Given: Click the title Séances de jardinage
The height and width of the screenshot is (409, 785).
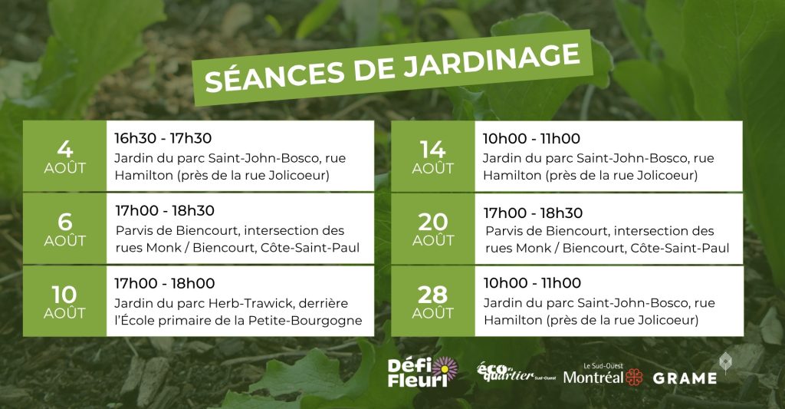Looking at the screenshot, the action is click(392, 68).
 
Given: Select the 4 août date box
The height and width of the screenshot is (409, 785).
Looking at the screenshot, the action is click(64, 156).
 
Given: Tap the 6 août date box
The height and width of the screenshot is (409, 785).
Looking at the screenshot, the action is click(64, 229).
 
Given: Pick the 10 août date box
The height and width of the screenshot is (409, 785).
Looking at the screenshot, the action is click(64, 302).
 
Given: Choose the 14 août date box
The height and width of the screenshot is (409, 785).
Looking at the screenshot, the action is click(433, 157).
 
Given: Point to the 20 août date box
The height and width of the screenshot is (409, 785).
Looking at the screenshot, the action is click(433, 229).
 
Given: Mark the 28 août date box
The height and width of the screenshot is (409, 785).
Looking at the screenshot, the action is click(433, 302).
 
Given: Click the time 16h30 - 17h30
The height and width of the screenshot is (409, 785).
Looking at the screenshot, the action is click(163, 138).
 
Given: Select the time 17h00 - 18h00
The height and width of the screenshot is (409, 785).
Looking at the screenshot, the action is click(165, 283).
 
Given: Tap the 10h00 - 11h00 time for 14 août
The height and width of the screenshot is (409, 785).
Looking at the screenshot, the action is click(531, 138).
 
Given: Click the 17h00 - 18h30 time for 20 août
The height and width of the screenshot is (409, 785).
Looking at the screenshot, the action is click(534, 213).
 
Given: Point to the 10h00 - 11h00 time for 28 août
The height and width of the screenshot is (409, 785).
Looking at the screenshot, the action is click(532, 282).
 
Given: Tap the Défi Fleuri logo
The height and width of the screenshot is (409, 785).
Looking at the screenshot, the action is click(422, 372).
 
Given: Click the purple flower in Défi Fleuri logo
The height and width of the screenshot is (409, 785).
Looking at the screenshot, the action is click(445, 369).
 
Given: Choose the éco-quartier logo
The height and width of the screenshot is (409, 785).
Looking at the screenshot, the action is click(516, 372).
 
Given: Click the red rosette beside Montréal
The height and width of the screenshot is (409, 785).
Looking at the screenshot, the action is click(634, 378).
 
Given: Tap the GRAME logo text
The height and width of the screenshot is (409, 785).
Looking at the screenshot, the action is click(685, 378).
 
